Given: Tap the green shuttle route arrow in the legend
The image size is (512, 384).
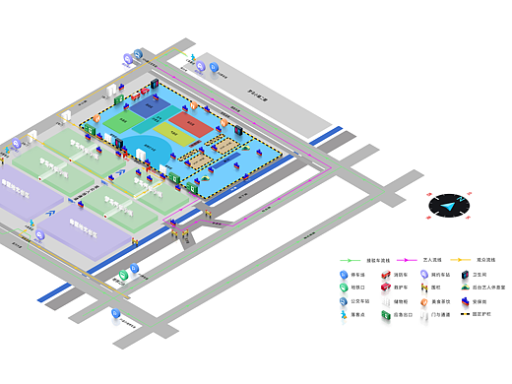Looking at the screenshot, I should pos(352,259).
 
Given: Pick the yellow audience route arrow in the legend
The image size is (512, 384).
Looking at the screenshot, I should pos(454,259).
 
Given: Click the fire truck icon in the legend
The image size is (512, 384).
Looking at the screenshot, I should pos(386,275).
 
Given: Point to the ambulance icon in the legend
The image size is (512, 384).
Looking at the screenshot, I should pos(386,288).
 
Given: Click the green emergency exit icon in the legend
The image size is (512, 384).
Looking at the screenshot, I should pos(386,314).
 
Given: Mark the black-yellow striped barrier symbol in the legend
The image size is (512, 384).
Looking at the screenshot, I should pos(465,314).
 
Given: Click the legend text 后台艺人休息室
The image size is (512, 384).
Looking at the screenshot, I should pos(488,288).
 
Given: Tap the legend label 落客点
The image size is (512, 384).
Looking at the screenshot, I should pos(356,314).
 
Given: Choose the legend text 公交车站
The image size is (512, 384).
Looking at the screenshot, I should pos(358,301).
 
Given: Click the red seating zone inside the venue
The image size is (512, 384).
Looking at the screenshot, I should pos(190,126).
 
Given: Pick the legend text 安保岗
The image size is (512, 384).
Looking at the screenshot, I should pos(480,301).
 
